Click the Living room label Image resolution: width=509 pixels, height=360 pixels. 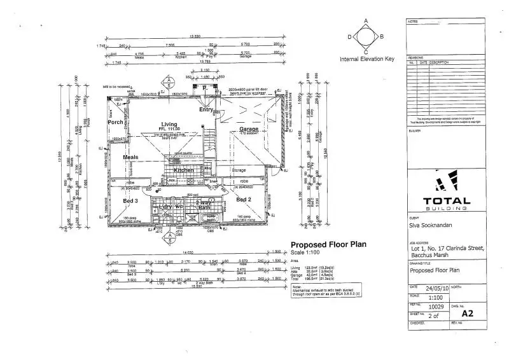(169, 124)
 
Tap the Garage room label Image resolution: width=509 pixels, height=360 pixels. (249, 129)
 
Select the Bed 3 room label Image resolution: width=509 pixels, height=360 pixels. (130, 200)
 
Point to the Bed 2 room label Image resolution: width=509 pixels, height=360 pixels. (244, 200)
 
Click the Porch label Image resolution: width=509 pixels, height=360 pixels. (116, 122)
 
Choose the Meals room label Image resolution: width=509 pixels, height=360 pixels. (130, 157)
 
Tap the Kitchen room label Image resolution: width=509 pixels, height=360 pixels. (184, 170)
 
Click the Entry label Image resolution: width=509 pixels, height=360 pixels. (206, 109)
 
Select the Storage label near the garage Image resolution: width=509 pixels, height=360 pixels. (239, 170)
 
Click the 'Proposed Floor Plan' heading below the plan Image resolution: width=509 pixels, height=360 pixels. (328, 244)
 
